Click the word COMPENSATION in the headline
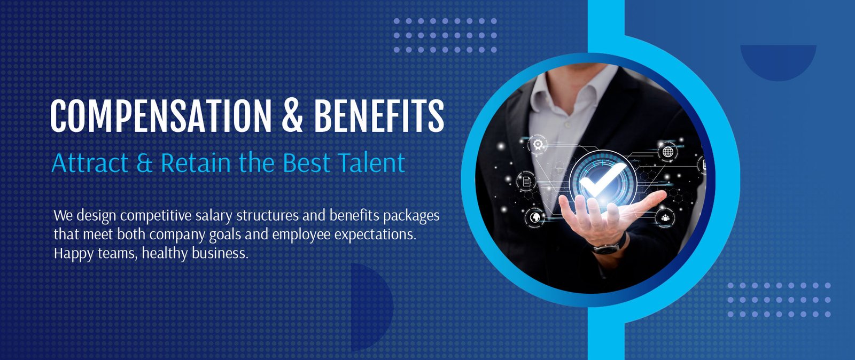point(161,116)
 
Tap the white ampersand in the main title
point(292,116)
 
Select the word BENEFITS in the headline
point(379,116)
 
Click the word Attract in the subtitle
point(90,163)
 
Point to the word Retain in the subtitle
point(196,163)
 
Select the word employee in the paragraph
point(301,234)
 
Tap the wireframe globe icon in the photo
point(667,152)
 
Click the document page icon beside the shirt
point(526,181)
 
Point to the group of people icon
point(665,218)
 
